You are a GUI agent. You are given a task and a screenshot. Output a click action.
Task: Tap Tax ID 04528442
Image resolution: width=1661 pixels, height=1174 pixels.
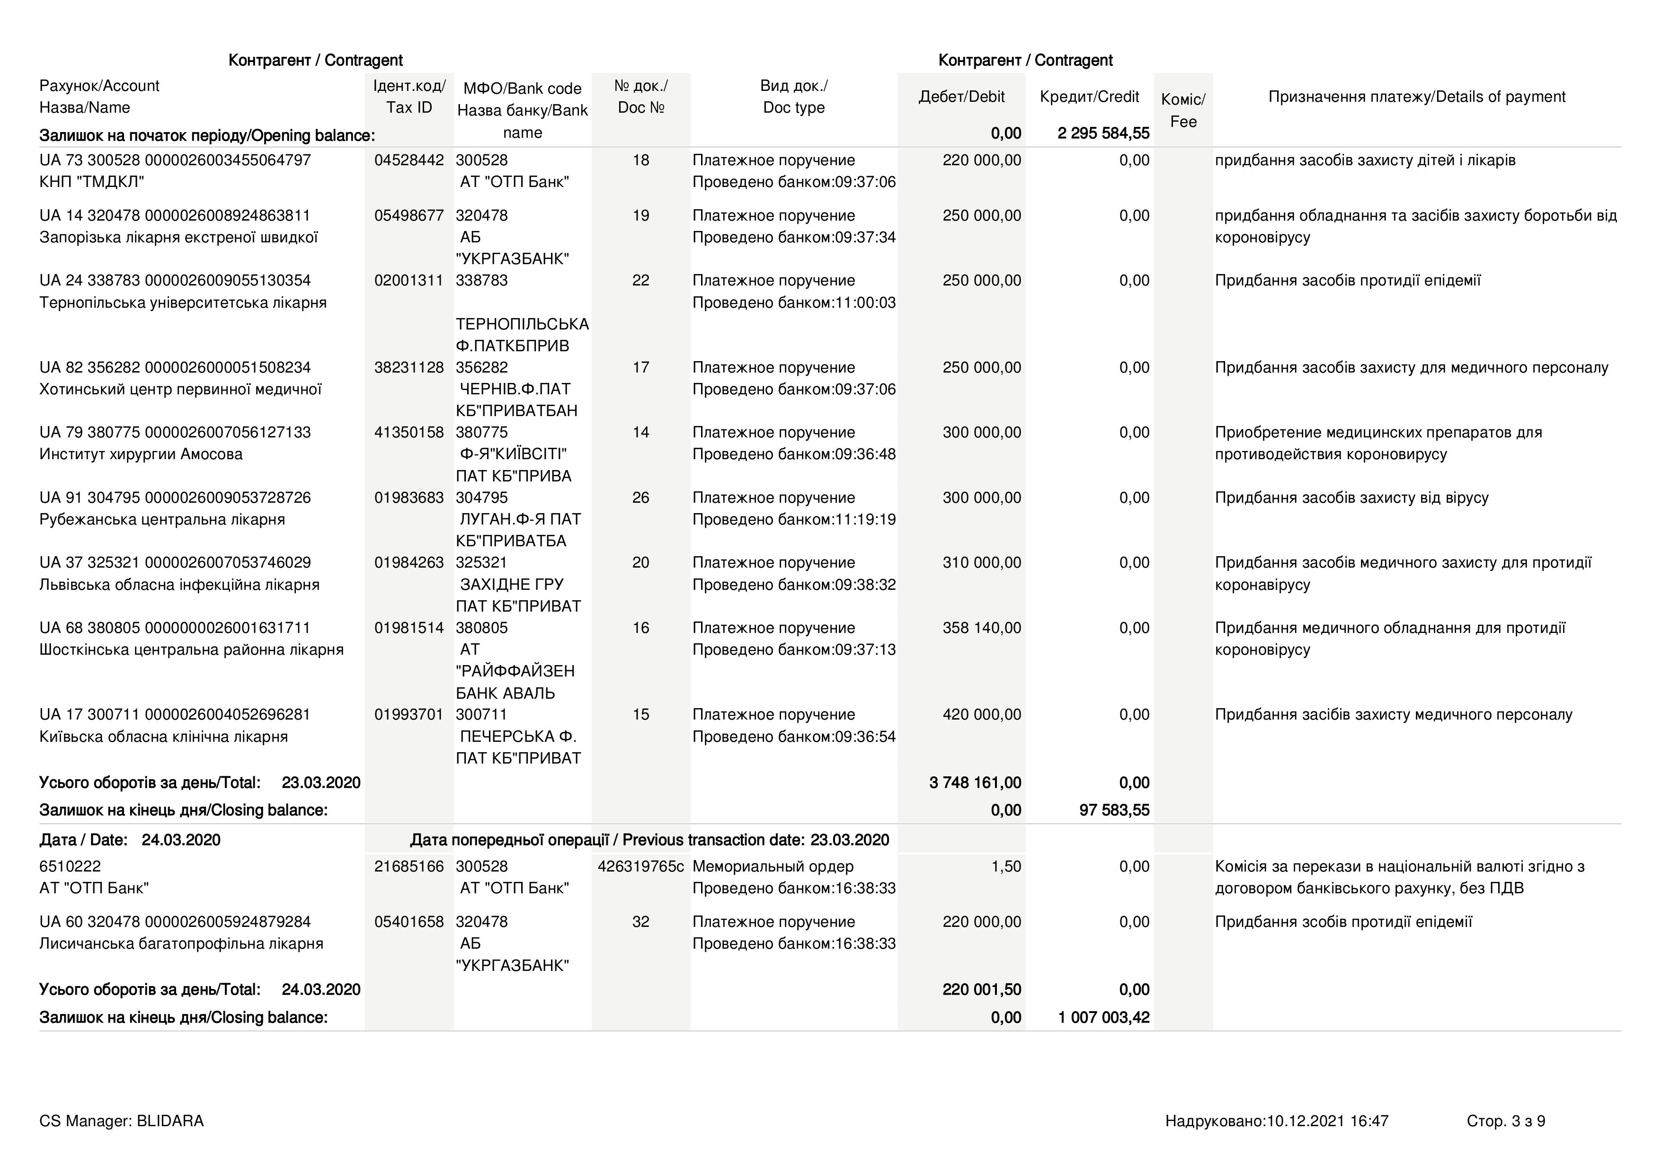pos(409,160)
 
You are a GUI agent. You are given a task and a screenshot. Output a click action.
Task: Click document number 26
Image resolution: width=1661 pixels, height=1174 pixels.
pos(640,498)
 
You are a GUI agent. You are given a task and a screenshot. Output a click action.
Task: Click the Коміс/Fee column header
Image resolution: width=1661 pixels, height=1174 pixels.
pos(1183,110)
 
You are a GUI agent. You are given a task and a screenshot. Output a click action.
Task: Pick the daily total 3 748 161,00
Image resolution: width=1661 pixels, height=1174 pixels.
pos(975,783)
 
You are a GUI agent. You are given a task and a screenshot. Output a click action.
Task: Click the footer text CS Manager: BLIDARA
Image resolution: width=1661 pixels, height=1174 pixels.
pos(122,1121)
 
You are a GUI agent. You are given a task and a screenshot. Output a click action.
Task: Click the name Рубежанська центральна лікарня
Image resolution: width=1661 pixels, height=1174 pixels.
pos(162,519)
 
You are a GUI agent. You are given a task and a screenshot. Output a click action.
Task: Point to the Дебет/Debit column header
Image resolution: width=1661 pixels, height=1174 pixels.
pos(961,97)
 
